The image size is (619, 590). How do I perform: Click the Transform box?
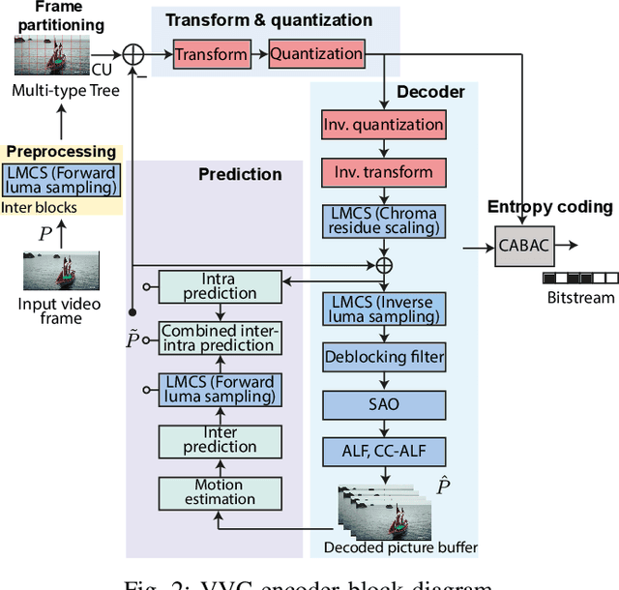pyautogui.click(x=212, y=53)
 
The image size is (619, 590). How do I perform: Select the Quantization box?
pyautogui.click(x=316, y=53)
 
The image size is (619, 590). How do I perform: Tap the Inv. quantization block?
pyautogui.click(x=384, y=124)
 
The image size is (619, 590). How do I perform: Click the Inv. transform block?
pyautogui.click(x=384, y=172)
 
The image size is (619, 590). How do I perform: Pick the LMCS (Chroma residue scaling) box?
pyautogui.click(x=384, y=221)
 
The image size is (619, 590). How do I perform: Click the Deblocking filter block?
pyautogui.click(x=384, y=357)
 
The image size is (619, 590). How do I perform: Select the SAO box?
pyautogui.click(x=384, y=403)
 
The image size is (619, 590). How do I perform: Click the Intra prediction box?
pyautogui.click(x=221, y=285)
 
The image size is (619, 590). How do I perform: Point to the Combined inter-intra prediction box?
pyautogui.click(x=221, y=338)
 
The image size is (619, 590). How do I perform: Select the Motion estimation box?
pyautogui.click(x=221, y=492)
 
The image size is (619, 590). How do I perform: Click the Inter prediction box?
pyautogui.click(x=221, y=439)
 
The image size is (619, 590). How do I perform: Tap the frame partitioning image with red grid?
pyautogui.click(x=52, y=56)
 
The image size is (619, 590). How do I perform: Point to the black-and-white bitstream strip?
pyautogui.click(x=580, y=278)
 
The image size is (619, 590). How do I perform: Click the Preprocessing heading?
pyautogui.click(x=61, y=152)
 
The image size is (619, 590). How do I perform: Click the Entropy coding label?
pyautogui.click(x=549, y=206)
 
